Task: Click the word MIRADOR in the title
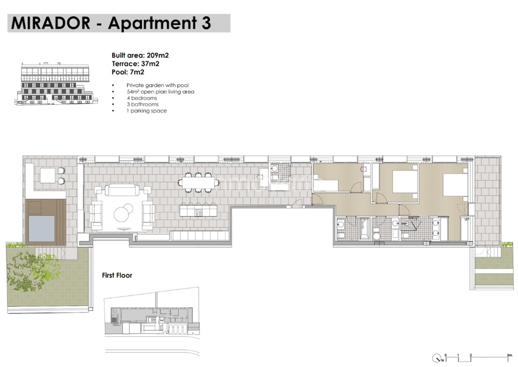tap(51, 23)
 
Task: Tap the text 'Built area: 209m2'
tap(140, 55)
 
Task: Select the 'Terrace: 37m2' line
tap(135, 64)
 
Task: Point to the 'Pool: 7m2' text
tap(128, 72)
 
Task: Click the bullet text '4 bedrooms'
tap(142, 98)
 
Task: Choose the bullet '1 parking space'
tap(147, 111)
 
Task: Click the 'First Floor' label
tap(117, 275)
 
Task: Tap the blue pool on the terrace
tap(41, 229)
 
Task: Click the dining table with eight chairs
tap(198, 182)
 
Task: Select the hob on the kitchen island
tap(199, 213)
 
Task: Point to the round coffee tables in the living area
tap(123, 212)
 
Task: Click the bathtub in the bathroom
tap(365, 228)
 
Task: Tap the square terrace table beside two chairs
tap(48, 176)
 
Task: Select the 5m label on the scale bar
tap(509, 355)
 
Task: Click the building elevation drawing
tap(56, 84)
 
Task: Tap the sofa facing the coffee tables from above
tap(120, 189)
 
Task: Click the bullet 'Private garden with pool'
tap(158, 85)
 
